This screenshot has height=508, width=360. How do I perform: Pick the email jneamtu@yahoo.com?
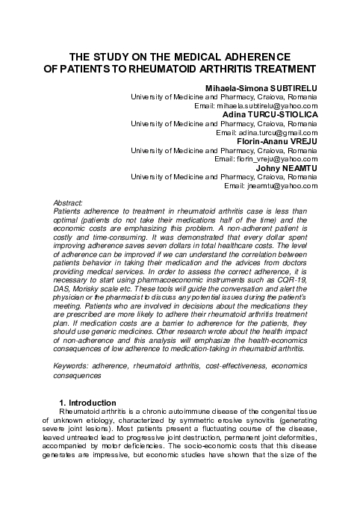click(x=286, y=185)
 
